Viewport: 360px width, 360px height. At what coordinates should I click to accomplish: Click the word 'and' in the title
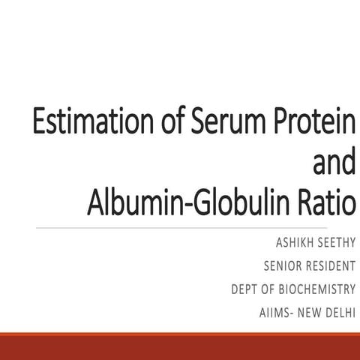(x=326, y=163)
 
